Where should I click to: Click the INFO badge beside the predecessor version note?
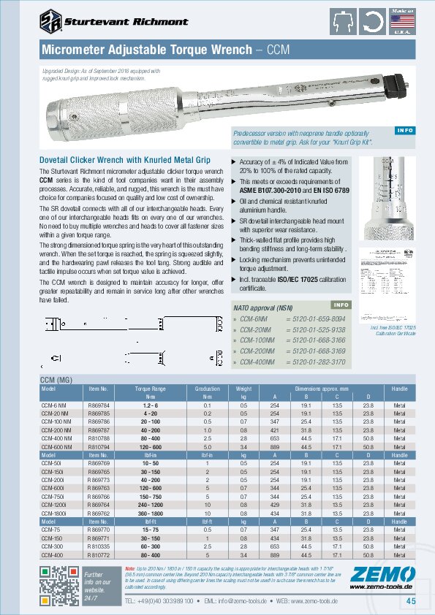click(404, 130)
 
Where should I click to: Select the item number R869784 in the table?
click(99, 405)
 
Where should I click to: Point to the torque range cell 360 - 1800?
click(150, 513)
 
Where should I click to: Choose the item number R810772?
click(99, 554)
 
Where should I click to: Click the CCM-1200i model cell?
click(53, 504)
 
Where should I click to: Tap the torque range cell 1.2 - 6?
click(150, 405)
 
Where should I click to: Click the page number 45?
click(411, 601)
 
